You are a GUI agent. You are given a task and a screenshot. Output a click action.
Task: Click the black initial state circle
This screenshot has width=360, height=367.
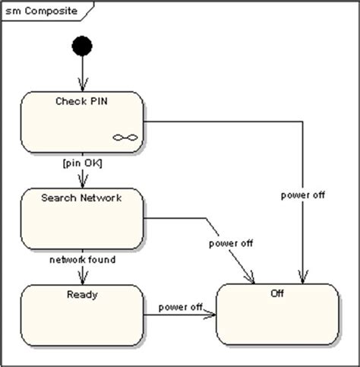click(82, 46)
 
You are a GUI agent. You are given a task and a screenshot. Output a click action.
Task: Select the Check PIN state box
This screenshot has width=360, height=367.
click(82, 122)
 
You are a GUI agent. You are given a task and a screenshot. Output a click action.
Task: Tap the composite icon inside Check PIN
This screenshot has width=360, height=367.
click(125, 138)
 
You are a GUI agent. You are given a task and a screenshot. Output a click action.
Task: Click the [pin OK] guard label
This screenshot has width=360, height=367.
click(83, 163)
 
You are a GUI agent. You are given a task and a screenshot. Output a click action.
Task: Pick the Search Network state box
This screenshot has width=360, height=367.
click(82, 219)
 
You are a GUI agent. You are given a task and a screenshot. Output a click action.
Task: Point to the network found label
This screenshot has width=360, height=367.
click(83, 260)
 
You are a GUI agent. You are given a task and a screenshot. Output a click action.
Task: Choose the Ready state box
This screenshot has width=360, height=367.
click(82, 315)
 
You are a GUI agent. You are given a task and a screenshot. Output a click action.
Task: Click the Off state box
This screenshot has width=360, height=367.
click(277, 315)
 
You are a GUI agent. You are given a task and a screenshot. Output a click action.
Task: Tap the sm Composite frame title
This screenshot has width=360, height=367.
click(41, 11)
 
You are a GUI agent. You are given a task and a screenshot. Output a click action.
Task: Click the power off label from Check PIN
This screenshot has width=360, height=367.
click(303, 195)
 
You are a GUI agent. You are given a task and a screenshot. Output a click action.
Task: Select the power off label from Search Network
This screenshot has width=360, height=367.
click(231, 243)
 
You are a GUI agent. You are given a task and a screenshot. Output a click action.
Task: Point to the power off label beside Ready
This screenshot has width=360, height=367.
click(180, 307)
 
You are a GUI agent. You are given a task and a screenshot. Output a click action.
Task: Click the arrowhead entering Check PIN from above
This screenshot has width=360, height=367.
click(83, 85)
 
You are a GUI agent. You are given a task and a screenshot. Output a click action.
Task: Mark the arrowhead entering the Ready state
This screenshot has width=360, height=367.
click(83, 278)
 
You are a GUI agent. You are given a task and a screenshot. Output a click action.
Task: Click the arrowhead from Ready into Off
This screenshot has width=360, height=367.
click(210, 315)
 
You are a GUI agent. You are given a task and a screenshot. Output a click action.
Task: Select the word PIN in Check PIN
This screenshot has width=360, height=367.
click(99, 101)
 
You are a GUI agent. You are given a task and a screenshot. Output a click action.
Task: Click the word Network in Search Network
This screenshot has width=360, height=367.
click(101, 198)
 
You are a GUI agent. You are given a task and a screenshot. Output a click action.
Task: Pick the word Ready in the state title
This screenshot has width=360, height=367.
click(82, 295)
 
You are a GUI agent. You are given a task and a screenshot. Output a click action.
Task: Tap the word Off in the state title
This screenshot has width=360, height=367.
click(277, 293)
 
